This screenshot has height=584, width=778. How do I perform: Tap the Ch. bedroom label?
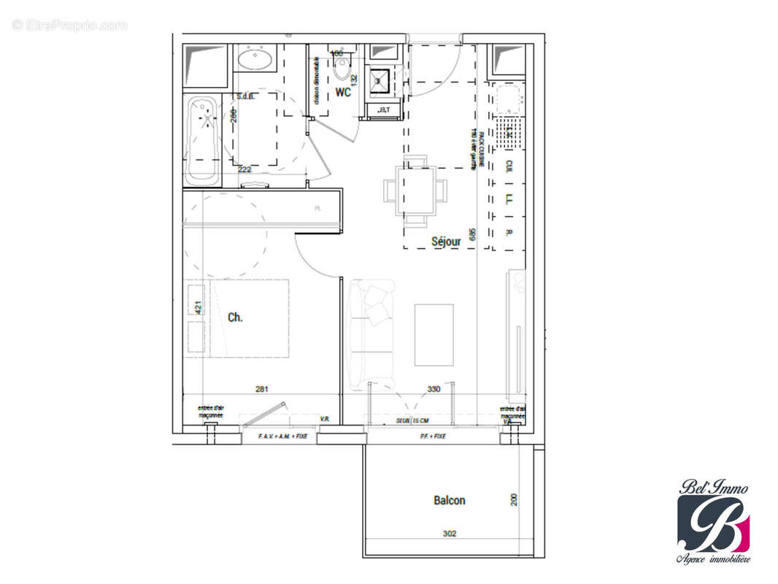tap(236, 317)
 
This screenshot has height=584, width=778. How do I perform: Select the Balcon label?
tap(449, 500)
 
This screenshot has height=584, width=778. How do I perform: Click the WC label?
tap(343, 93)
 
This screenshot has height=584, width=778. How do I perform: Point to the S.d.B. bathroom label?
tap(244, 96)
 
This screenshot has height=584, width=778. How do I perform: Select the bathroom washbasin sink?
tap(255, 58)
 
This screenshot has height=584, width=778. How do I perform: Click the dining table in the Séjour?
tap(415, 191)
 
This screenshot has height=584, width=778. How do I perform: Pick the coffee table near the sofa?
tap(434, 334)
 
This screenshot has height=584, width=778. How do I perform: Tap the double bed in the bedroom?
tap(244, 318)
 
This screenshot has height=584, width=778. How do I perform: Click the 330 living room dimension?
tap(434, 389)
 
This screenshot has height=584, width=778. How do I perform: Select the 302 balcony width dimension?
tap(449, 534)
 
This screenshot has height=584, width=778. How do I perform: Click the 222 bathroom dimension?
tap(246, 169)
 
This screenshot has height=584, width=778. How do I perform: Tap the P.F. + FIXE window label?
tap(433, 436)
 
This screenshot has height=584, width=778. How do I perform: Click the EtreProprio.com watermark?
tap(70, 26)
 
